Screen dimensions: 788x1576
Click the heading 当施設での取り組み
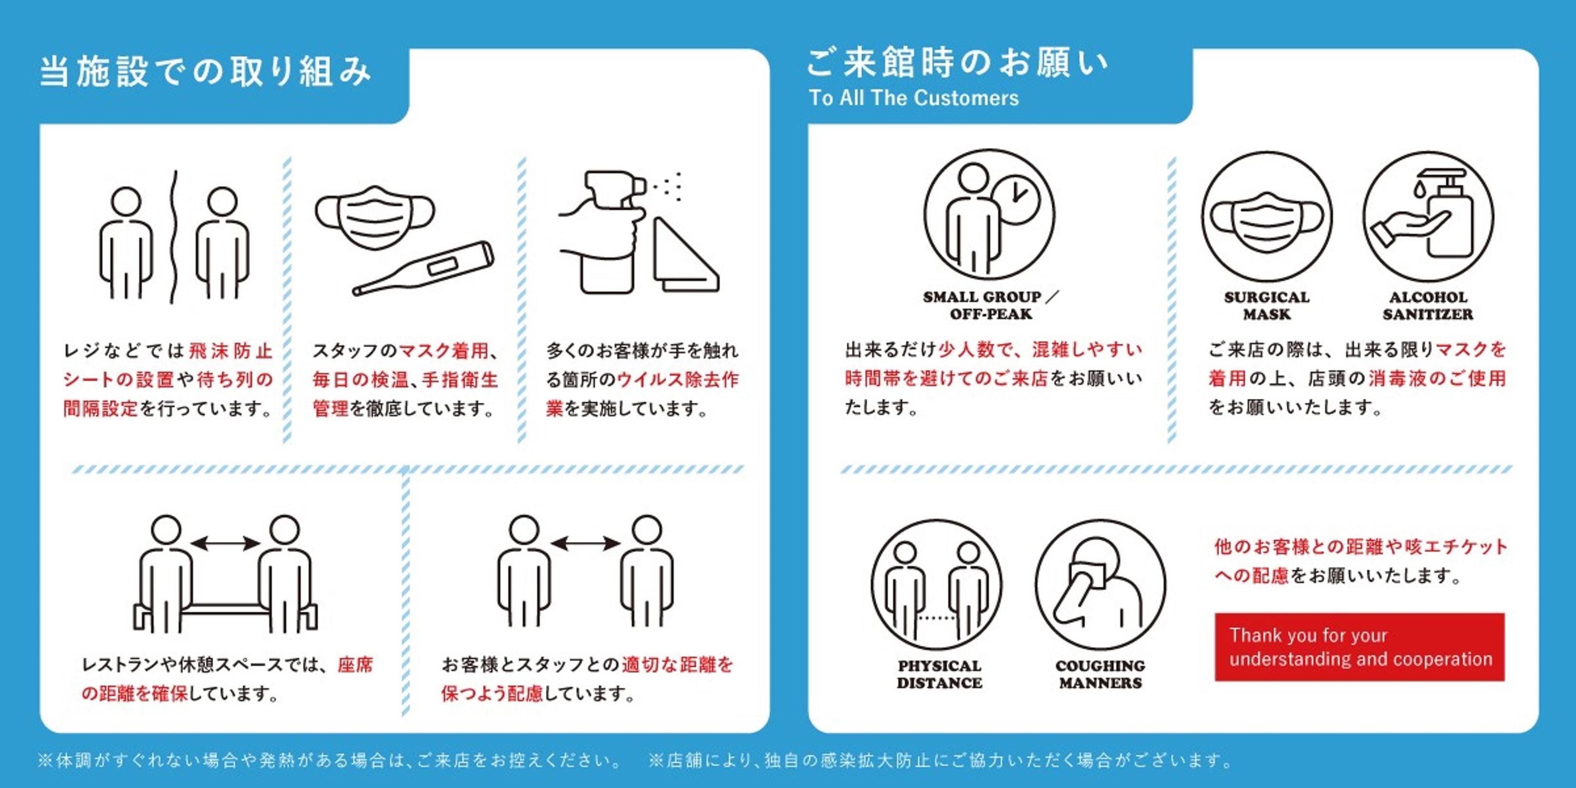coord(205,72)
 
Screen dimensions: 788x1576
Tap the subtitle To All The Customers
coord(913,98)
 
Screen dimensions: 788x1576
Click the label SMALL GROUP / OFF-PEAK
coord(990,305)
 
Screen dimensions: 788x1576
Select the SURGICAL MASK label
coord(1266,305)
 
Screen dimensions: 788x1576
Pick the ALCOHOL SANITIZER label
coord(1428,305)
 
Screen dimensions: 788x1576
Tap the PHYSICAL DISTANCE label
coord(939,674)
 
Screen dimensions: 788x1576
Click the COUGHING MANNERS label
coord(1100,674)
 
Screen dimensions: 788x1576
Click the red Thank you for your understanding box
coord(1359,647)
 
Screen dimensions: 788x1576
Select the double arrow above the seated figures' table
coord(225,543)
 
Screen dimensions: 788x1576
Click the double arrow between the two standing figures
coord(586,543)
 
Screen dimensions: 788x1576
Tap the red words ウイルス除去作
coord(677,380)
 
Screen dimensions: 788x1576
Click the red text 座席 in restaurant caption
coord(355,664)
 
